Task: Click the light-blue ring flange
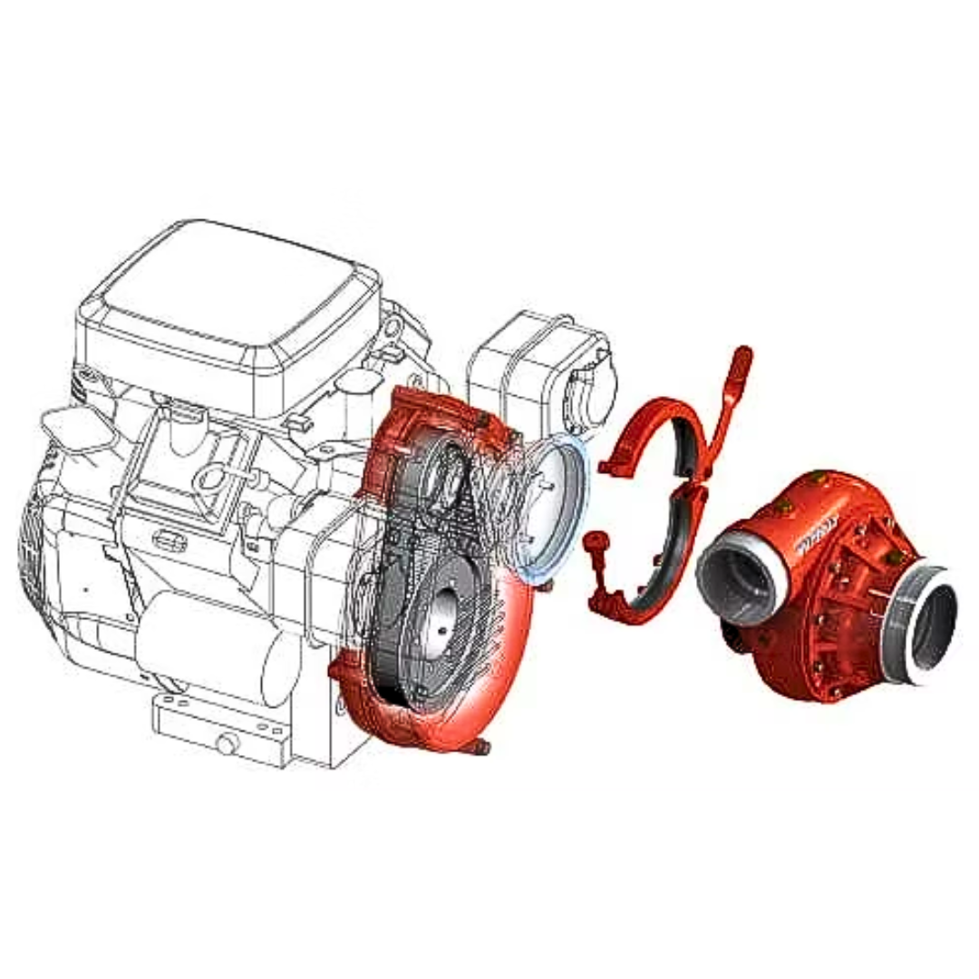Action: pos(553,508)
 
